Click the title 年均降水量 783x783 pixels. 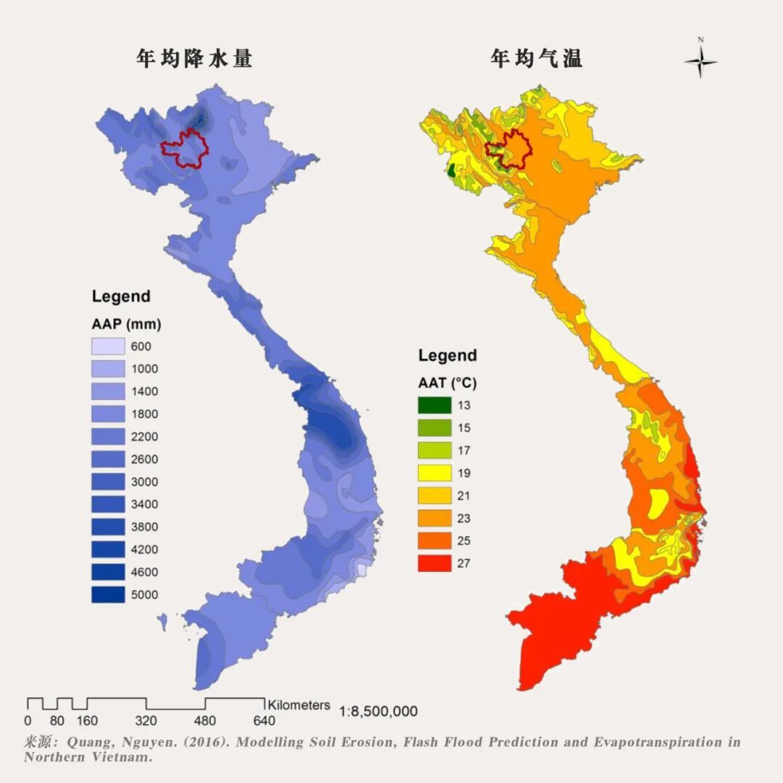(194, 59)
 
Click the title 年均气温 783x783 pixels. (536, 59)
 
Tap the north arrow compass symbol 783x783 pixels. (700, 61)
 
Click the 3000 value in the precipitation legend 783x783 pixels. (144, 482)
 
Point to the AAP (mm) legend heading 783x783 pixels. (126, 323)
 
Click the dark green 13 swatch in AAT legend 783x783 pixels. (434, 405)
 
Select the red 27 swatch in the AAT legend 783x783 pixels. (434, 563)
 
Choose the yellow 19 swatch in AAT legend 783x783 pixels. (434, 473)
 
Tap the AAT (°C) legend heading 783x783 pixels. (447, 382)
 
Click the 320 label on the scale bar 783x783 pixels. (146, 721)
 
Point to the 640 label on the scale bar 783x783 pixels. (264, 721)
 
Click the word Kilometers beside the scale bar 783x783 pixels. (299, 705)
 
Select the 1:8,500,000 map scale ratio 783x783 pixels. (378, 711)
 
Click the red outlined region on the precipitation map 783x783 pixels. (186, 149)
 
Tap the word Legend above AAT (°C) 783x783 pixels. (447, 355)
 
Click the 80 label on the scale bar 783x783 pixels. (57, 721)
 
